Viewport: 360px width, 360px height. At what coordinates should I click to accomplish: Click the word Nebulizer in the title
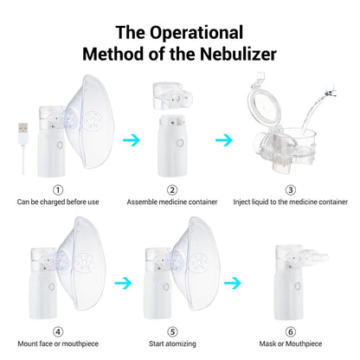pyautogui.click(x=227, y=54)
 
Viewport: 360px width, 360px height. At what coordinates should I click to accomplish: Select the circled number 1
pyautogui.click(x=58, y=190)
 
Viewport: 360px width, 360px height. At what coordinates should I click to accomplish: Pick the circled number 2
pyautogui.click(x=172, y=190)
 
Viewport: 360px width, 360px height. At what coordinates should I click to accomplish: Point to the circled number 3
pyautogui.click(x=290, y=190)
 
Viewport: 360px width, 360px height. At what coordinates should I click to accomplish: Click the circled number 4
pyautogui.click(x=58, y=331)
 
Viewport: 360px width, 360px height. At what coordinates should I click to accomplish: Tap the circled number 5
pyautogui.click(x=173, y=331)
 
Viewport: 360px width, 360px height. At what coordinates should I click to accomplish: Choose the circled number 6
pyautogui.click(x=290, y=331)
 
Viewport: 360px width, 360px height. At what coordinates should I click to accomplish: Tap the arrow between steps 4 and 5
pyautogui.click(x=124, y=281)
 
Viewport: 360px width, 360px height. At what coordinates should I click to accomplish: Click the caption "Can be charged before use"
pyautogui.click(x=58, y=202)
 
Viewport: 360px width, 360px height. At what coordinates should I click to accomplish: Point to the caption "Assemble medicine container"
pyautogui.click(x=172, y=202)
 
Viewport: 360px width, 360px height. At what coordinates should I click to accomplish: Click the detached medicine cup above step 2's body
pyautogui.click(x=171, y=96)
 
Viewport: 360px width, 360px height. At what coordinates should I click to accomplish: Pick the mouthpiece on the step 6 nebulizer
pyautogui.click(x=305, y=258)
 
